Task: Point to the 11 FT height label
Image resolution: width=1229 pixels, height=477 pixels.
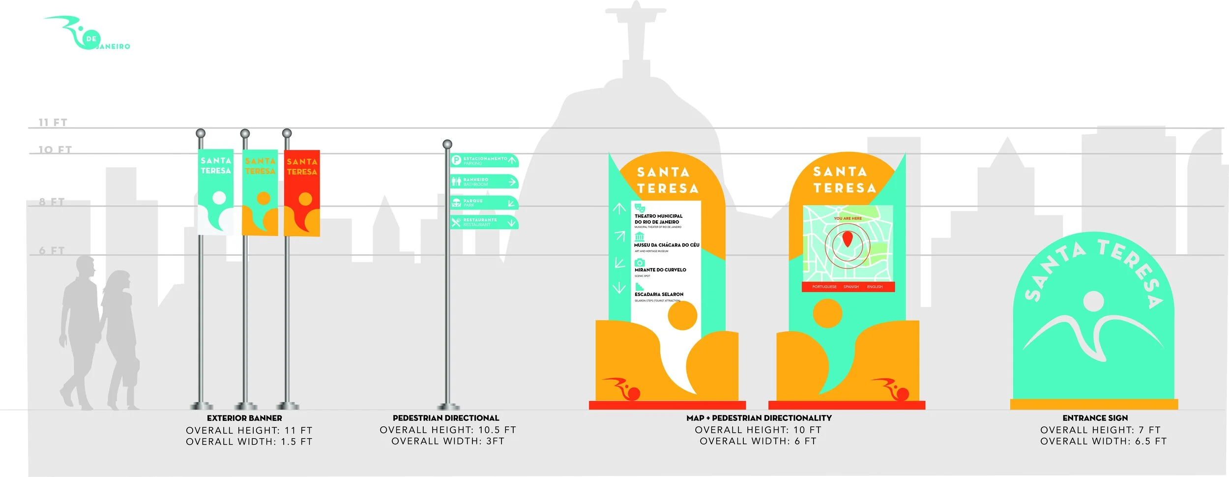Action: click(x=53, y=122)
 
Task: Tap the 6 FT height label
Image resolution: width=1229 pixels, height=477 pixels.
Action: click(x=52, y=250)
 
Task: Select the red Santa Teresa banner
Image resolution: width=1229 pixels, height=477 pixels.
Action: click(x=302, y=193)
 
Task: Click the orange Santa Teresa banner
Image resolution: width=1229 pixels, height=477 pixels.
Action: click(x=260, y=192)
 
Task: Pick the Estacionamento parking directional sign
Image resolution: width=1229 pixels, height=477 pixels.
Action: click(x=484, y=160)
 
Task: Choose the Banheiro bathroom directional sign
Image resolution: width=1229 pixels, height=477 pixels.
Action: click(x=484, y=181)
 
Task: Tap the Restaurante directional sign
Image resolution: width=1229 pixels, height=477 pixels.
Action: click(x=484, y=222)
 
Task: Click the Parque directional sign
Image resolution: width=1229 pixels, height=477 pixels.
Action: click(x=484, y=203)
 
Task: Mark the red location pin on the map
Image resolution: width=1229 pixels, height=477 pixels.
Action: click(x=847, y=239)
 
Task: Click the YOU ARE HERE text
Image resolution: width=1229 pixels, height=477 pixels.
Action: click(x=848, y=218)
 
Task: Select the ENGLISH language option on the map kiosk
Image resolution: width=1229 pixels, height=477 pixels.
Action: click(x=875, y=287)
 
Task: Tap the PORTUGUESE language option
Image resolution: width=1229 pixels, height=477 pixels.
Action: click(x=824, y=287)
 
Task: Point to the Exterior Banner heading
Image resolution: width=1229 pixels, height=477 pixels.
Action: click(x=244, y=418)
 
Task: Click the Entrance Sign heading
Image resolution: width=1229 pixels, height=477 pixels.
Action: click(x=1095, y=418)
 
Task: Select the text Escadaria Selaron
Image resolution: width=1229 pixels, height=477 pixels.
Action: click(x=659, y=294)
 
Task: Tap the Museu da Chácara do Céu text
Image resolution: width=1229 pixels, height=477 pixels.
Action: click(x=666, y=245)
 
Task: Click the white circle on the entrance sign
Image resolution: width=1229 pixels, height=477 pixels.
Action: click(x=1093, y=301)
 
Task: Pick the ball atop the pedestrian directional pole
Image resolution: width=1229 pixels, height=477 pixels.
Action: click(x=447, y=144)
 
